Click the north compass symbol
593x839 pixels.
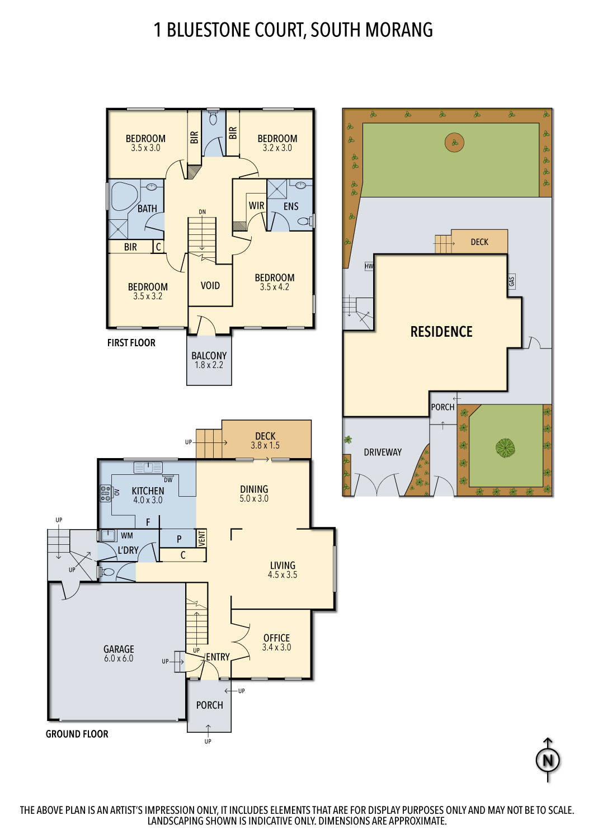(548, 760)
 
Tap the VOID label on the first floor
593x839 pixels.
(210, 285)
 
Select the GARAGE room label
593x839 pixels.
(119, 649)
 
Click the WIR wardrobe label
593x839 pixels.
(256, 205)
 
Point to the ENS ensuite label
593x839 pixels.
(291, 206)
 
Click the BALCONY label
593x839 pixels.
(209, 356)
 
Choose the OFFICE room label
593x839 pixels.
(276, 638)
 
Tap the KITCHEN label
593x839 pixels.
(148, 491)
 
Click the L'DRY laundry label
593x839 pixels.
(128, 550)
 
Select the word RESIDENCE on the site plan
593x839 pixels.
(441, 332)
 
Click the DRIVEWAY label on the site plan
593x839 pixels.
(383, 452)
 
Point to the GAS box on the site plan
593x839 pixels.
(512, 281)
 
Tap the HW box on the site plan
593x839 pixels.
(369, 266)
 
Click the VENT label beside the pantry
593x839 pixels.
(202, 538)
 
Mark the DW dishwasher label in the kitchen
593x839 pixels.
(168, 479)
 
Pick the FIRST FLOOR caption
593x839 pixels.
(131, 342)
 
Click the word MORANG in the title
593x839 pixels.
(401, 30)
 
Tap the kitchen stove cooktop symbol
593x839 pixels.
(105, 492)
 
